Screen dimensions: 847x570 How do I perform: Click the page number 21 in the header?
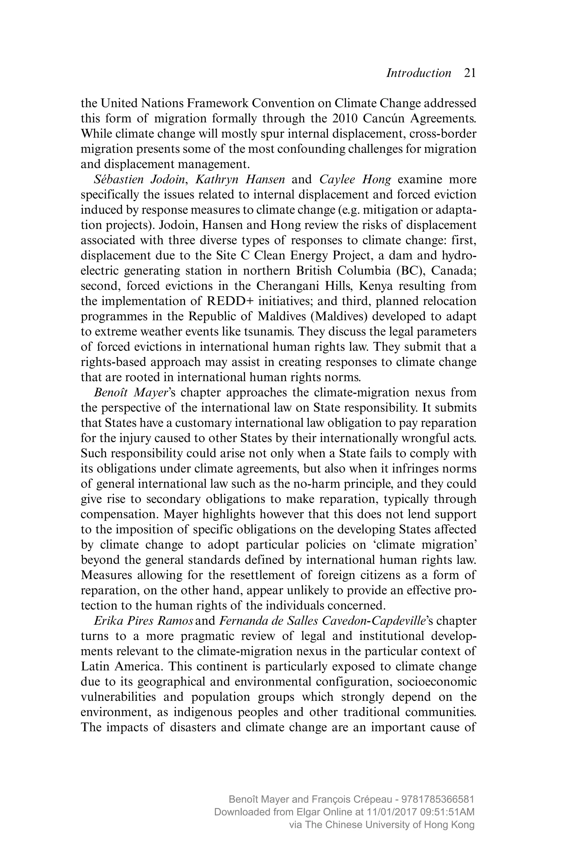(x=470, y=73)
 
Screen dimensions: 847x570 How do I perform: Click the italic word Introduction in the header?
(x=418, y=73)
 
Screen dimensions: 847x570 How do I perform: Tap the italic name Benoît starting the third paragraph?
(x=111, y=393)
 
